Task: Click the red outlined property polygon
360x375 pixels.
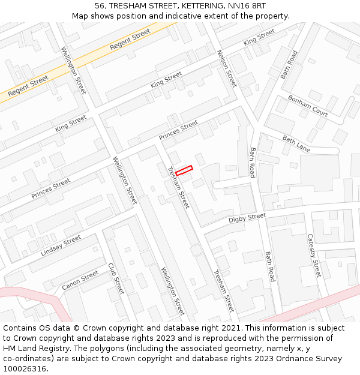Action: pyautogui.click(x=184, y=170)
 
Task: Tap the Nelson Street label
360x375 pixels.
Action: pyautogui.click(x=227, y=68)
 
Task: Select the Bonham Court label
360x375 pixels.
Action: pyautogui.click(x=308, y=105)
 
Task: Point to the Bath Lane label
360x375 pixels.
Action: pyautogui.click(x=296, y=143)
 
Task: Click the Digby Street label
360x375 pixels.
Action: pyautogui.click(x=247, y=218)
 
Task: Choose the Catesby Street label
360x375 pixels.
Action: pyautogui.click(x=314, y=256)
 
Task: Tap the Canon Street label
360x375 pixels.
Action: pyautogui.click(x=80, y=280)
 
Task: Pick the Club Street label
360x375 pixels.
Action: pyautogui.click(x=116, y=278)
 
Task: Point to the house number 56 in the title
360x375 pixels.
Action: pyautogui.click(x=100, y=6)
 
